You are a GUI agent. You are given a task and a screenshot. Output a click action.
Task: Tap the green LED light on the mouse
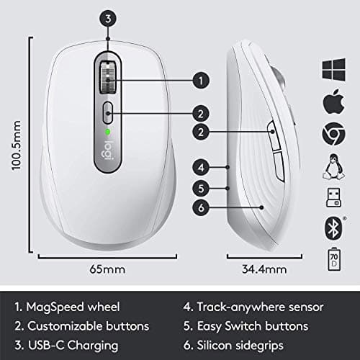tap(107, 132)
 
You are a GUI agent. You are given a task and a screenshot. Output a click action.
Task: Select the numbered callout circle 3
tap(107, 19)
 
